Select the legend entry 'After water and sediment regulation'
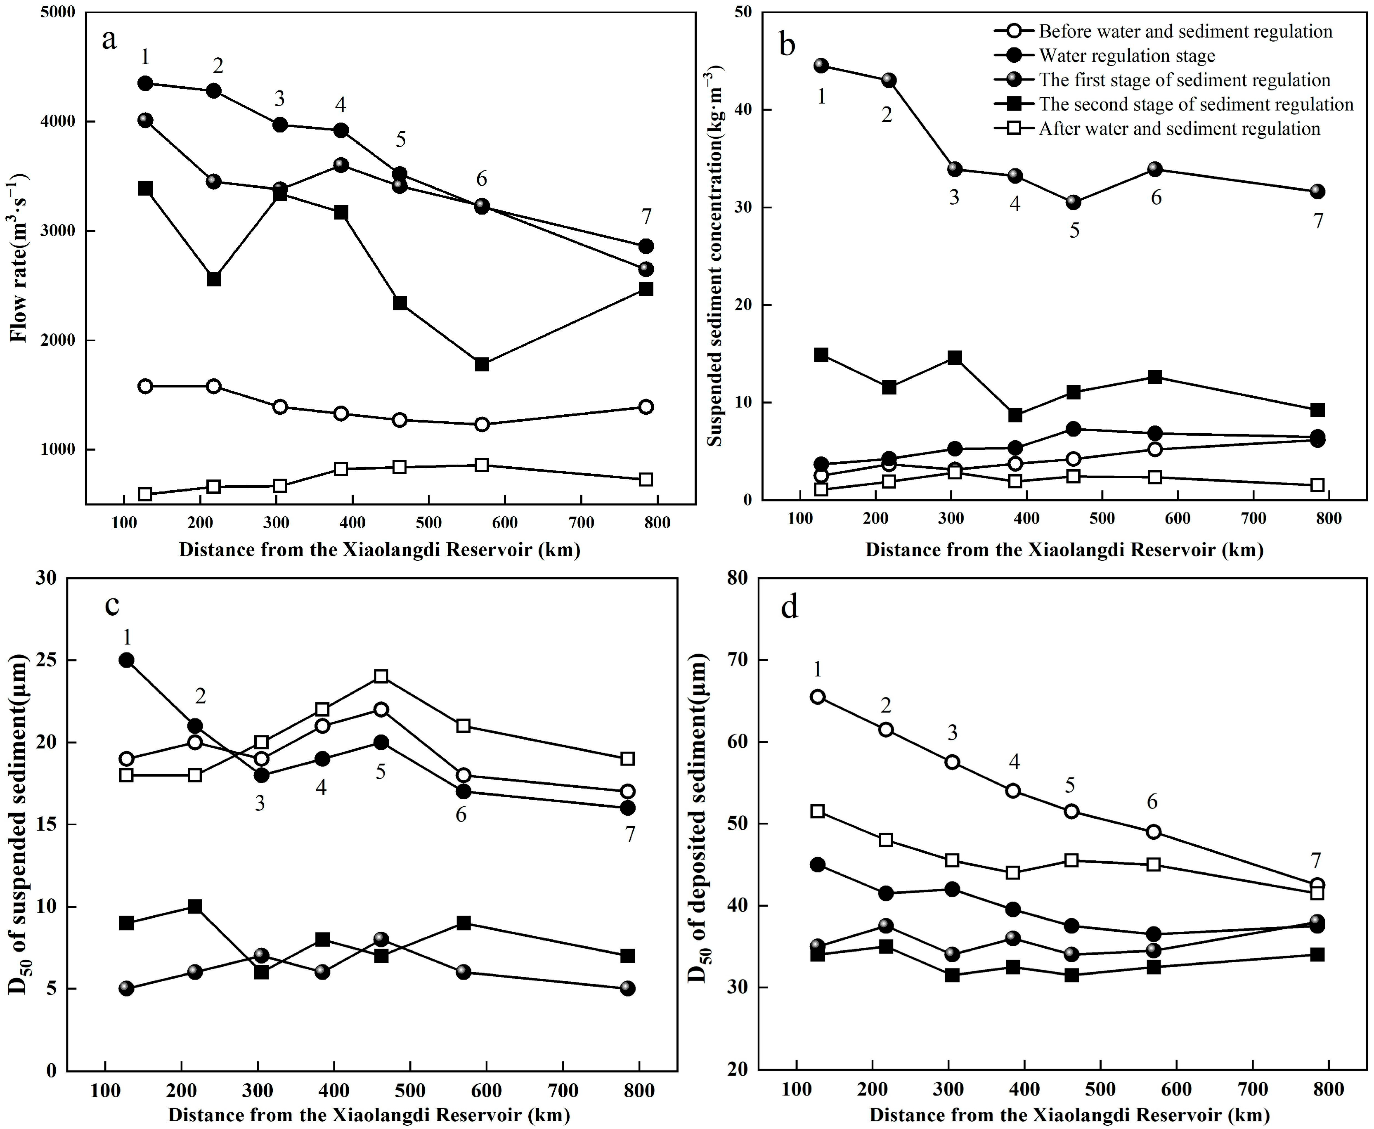(x=1179, y=129)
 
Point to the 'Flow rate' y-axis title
(x=19, y=257)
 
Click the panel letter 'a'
(x=109, y=40)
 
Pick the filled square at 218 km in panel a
(x=213, y=279)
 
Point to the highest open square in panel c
(x=381, y=676)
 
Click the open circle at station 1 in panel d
(x=818, y=697)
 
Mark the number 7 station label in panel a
(x=646, y=217)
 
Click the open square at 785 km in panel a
(x=646, y=479)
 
